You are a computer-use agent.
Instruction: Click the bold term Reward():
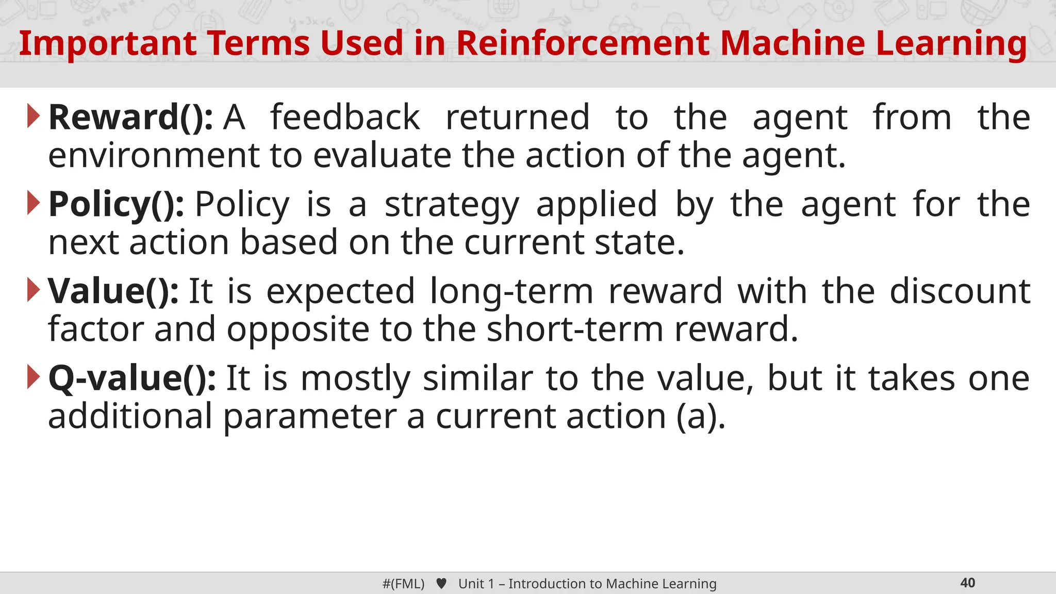(x=130, y=118)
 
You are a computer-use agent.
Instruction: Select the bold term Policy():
(x=116, y=205)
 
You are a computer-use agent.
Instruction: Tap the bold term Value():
(x=113, y=291)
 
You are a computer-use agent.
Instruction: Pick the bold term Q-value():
(x=132, y=378)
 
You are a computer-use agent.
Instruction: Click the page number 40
(x=967, y=583)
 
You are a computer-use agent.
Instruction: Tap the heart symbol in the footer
(x=441, y=584)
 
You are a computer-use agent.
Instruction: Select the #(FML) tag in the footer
(x=403, y=584)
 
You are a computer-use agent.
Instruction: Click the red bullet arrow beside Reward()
(x=33, y=117)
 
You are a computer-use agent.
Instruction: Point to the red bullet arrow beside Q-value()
(x=33, y=377)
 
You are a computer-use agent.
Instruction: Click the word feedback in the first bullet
(x=345, y=118)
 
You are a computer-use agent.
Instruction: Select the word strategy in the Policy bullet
(x=452, y=205)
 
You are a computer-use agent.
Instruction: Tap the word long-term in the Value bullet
(x=511, y=291)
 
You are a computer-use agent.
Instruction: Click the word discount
(x=960, y=291)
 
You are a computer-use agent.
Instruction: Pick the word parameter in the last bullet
(x=310, y=417)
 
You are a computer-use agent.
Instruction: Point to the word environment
(x=154, y=156)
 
